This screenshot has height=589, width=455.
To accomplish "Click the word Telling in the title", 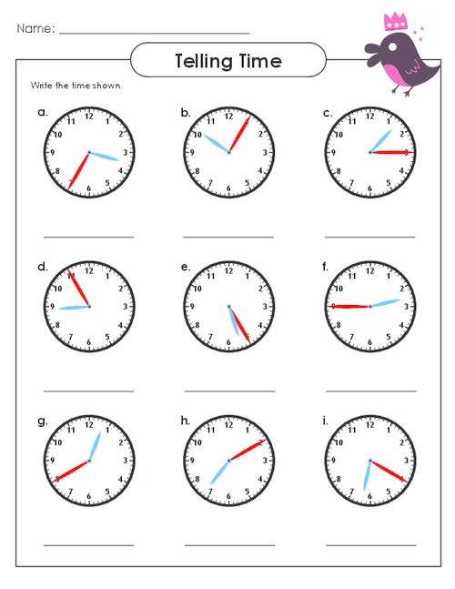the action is [x=204, y=62].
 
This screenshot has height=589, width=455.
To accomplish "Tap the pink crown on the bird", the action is [x=395, y=22].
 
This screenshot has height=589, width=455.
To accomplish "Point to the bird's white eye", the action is [x=392, y=47].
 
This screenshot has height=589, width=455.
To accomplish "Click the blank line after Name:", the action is [x=155, y=34].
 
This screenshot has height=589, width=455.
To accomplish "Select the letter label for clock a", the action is [x=43, y=112].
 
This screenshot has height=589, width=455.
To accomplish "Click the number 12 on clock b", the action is [x=228, y=117].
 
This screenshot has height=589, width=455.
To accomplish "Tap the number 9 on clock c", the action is [x=333, y=153].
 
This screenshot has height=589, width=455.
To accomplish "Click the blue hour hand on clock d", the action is [x=74, y=308].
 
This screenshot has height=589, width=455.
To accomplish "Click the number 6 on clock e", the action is [x=228, y=342].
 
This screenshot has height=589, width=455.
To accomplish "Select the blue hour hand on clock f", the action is [x=386, y=303].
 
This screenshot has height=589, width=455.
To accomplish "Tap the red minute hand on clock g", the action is [x=71, y=471].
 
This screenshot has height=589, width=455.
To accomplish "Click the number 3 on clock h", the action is [x=265, y=460].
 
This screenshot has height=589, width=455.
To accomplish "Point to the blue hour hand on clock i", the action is [x=367, y=475].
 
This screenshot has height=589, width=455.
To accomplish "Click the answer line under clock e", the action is [x=229, y=391].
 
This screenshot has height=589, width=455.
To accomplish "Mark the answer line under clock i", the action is [x=371, y=545].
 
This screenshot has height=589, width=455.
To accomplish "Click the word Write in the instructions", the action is [x=42, y=86].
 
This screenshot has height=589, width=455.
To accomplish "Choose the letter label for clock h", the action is [x=185, y=421].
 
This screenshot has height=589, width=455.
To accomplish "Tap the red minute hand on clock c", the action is [x=391, y=153].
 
